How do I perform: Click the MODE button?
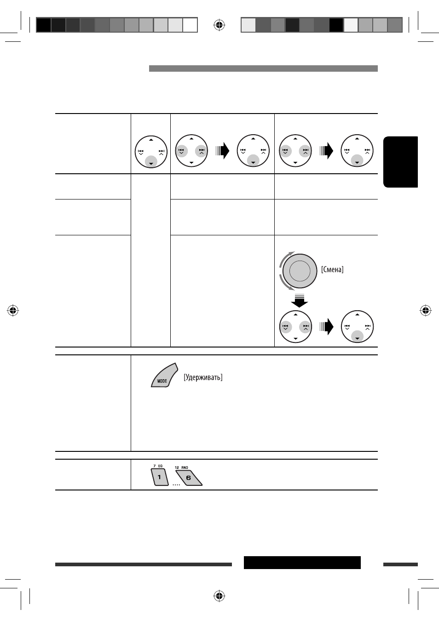(164, 376)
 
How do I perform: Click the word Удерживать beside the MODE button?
(203, 377)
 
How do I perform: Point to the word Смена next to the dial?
(332, 269)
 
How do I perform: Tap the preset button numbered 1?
(160, 477)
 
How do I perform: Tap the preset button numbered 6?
(189, 478)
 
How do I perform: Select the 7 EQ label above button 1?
(158, 466)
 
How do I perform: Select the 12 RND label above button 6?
(181, 467)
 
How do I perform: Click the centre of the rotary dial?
(300, 271)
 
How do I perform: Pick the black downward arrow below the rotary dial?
(300, 301)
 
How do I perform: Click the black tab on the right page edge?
(400, 162)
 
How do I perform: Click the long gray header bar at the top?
(263, 68)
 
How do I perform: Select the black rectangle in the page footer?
(302, 563)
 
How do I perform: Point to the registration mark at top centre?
(219, 25)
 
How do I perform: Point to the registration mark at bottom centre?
(219, 596)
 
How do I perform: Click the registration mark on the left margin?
(13, 310)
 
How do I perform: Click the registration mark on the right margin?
(425, 310)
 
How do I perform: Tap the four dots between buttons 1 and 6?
(176, 484)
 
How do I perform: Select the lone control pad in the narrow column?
(151, 152)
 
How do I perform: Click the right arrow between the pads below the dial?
(326, 326)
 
